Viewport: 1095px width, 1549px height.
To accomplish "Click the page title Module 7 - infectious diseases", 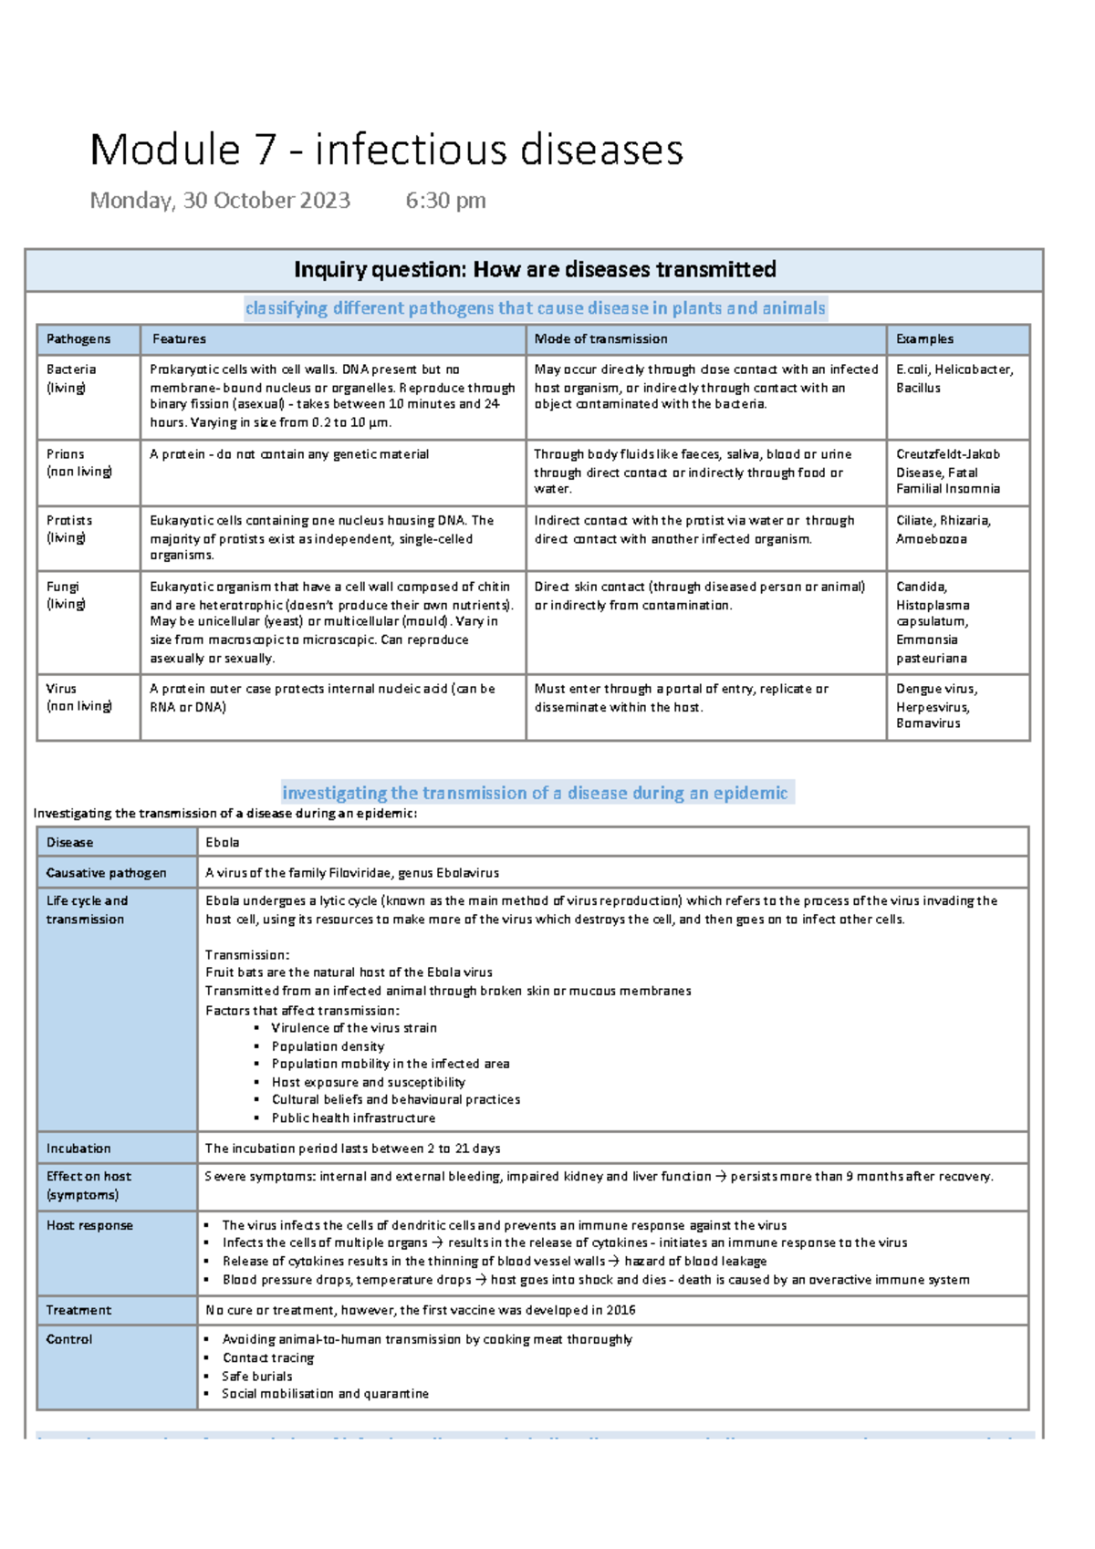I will click(x=386, y=150).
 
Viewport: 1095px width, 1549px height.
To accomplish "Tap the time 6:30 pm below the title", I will click(x=445, y=201).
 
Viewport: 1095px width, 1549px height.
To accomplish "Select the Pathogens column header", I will click(x=78, y=339).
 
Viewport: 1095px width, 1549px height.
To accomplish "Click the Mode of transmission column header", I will click(x=600, y=339).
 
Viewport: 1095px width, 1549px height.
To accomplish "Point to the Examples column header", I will click(x=924, y=339).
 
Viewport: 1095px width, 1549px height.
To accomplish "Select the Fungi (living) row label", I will click(x=66, y=595).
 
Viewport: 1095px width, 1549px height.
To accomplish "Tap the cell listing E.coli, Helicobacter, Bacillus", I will click(x=954, y=379).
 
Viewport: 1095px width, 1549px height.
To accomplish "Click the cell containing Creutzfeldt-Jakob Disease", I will click(x=948, y=471).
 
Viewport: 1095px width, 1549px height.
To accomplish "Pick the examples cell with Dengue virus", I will click(x=937, y=706).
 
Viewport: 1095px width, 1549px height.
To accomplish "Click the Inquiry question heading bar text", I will click(x=535, y=270).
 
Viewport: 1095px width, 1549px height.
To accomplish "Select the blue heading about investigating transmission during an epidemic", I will click(x=535, y=793).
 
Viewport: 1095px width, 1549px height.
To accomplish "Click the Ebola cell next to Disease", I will click(x=223, y=843).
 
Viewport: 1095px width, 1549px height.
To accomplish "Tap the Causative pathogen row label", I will click(x=106, y=873).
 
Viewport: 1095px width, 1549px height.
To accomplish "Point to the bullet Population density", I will click(x=328, y=1046).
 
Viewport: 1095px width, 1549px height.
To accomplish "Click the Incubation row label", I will click(x=78, y=1149).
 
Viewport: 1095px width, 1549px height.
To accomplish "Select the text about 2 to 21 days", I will click(x=352, y=1149).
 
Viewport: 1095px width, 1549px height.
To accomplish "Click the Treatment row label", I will click(x=78, y=1310).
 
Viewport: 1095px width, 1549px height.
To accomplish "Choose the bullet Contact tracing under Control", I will click(x=268, y=1357).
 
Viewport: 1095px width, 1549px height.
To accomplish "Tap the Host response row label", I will click(x=89, y=1225).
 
